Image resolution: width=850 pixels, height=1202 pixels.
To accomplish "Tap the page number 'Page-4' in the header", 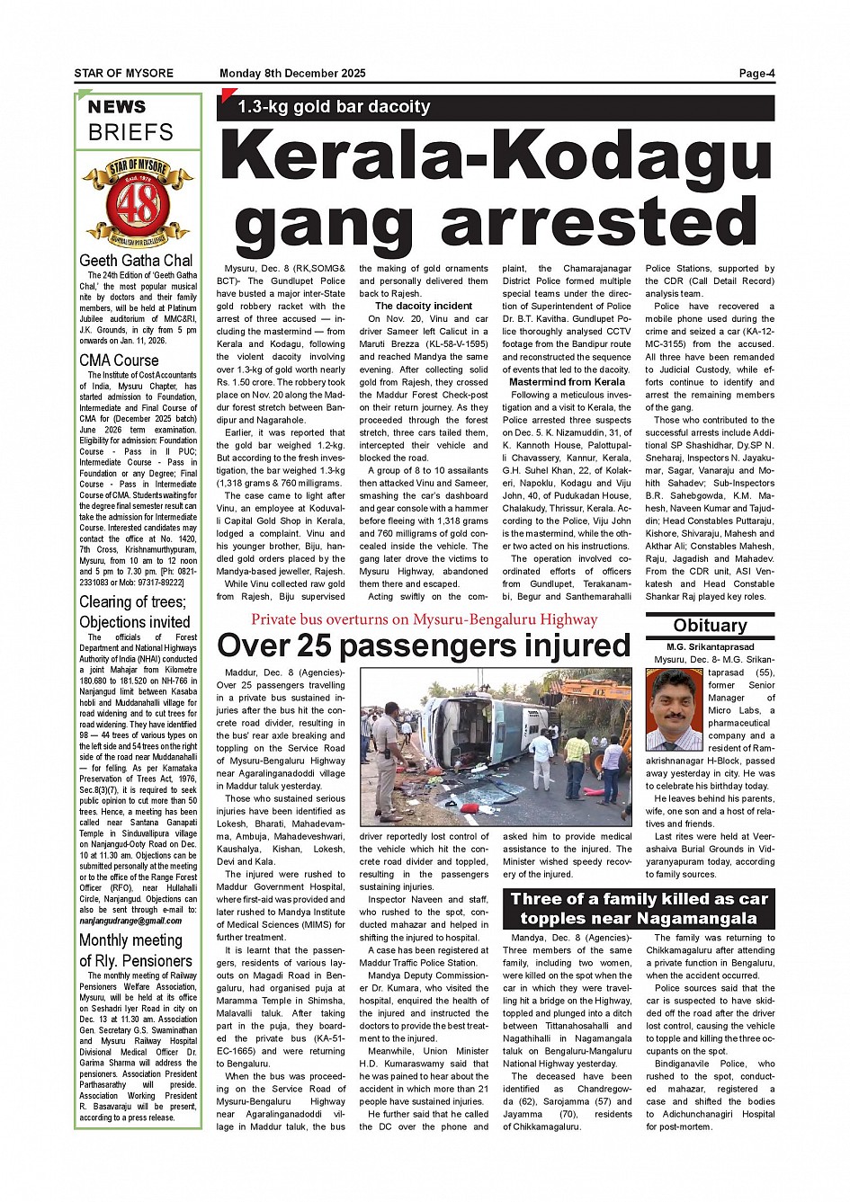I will [756, 74].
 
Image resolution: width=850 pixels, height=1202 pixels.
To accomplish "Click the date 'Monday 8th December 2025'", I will [292, 74].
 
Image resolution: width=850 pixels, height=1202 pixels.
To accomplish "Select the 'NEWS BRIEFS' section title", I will [131, 120].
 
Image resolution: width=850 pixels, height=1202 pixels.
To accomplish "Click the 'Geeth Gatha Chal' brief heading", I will [136, 261].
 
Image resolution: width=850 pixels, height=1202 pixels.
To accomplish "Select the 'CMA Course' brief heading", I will [119, 361].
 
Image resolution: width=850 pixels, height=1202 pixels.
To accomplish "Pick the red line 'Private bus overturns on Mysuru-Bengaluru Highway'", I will [424, 619].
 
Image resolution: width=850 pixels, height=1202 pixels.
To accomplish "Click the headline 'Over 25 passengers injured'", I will [424, 646].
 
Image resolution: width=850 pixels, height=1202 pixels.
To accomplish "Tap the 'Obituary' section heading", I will [710, 626].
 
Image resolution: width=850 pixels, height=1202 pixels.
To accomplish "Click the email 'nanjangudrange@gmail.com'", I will [130, 921].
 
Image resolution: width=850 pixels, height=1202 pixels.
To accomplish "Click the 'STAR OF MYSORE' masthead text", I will [124, 74].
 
